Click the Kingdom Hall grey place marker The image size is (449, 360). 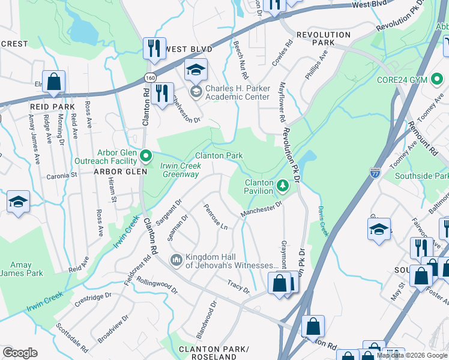click(x=176, y=260)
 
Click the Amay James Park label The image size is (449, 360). click(x=22, y=269)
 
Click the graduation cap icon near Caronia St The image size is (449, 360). click(x=18, y=202)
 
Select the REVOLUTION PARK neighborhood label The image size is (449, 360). click(x=324, y=39)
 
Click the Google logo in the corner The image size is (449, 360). click(x=20, y=353)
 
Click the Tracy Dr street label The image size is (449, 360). click(x=238, y=286)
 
